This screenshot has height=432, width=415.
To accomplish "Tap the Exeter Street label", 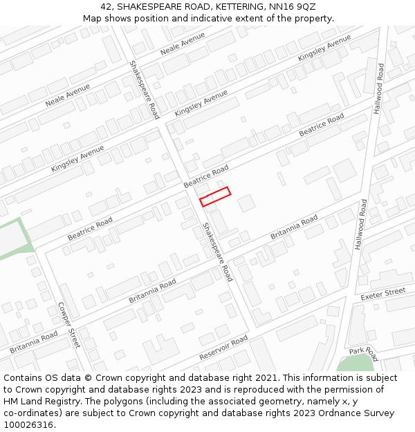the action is coord(382,294).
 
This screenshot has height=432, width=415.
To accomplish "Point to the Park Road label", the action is coord(364,354).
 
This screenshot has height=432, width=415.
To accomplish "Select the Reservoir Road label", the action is coord(223,348).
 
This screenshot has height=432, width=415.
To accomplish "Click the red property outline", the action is coord(215,196).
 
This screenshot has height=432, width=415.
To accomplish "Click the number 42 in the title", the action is coord(106,7).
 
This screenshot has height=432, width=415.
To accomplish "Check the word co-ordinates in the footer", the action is coord(32,413).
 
